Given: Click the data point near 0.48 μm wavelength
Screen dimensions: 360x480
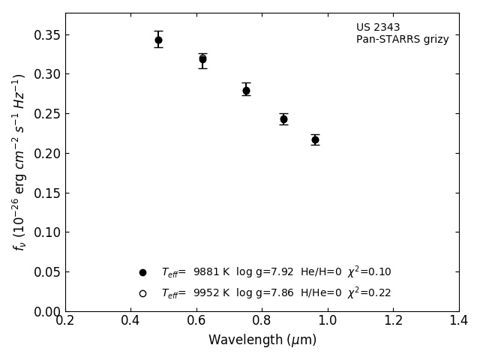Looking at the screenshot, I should tap(158, 40).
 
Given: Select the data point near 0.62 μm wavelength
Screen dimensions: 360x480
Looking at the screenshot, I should tap(202, 58).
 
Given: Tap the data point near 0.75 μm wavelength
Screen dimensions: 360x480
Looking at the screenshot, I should tap(246, 91).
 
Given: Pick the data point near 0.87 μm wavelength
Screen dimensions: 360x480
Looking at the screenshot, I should tap(283, 119).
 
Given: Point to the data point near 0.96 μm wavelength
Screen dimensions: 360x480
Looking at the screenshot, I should tap(315, 139).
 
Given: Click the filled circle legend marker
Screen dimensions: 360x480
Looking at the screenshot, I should tap(142, 272).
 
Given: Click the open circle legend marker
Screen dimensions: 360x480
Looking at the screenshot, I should tap(142, 293).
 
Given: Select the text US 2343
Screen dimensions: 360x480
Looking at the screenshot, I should tap(378, 28).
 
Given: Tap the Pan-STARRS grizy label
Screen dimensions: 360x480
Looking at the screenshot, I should tap(402, 40).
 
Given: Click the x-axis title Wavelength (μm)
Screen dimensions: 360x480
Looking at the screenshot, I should tap(262, 340).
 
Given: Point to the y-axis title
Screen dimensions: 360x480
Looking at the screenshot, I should tap(19, 161).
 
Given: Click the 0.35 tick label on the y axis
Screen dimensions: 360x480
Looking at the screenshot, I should tap(46, 35).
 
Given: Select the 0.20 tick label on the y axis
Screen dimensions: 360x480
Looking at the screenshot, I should tap(46, 154).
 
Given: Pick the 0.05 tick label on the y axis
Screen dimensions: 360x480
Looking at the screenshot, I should tap(46, 272).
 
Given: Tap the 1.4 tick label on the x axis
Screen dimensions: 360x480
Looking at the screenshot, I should tap(458, 321).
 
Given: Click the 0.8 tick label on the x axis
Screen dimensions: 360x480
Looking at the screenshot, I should tap(262, 321).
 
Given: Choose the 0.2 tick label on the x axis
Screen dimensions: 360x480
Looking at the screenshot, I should tap(65, 321).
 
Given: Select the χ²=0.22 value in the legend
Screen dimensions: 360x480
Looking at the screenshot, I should tap(369, 292).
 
